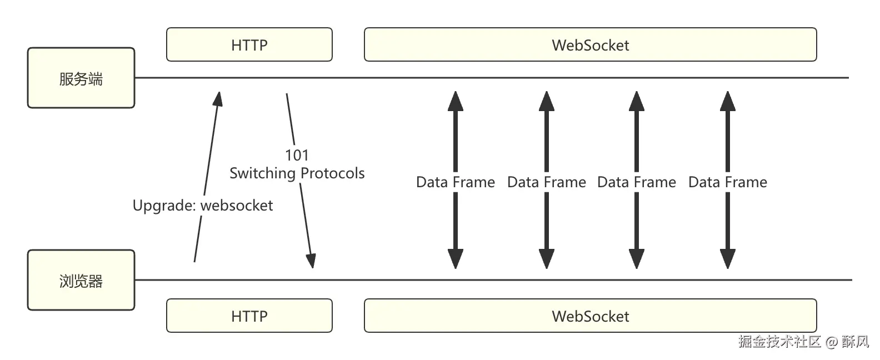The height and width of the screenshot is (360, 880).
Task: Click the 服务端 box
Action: pos(81,78)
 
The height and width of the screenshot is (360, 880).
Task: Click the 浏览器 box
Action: pos(81,280)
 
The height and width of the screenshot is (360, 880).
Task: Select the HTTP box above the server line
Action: pos(249,44)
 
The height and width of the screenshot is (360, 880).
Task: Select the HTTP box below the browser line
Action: pos(249,316)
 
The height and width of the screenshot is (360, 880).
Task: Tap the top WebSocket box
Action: pos(590,44)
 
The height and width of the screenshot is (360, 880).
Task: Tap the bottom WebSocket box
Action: pos(590,316)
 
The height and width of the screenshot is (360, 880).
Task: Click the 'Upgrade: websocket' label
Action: pos(203,206)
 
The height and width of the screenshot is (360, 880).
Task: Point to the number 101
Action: pos(297,155)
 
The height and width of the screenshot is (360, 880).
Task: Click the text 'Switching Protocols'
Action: pos(297,173)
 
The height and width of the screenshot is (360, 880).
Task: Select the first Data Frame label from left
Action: pos(456,182)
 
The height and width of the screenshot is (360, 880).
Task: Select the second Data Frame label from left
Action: pos(547,182)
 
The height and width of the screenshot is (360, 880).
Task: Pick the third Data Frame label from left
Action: pos(637,182)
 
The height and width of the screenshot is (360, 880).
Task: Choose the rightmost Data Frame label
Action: pos(728,182)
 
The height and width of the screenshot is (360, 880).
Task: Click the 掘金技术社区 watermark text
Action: pos(779,341)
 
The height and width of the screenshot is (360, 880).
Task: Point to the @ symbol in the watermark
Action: pos(831,342)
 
